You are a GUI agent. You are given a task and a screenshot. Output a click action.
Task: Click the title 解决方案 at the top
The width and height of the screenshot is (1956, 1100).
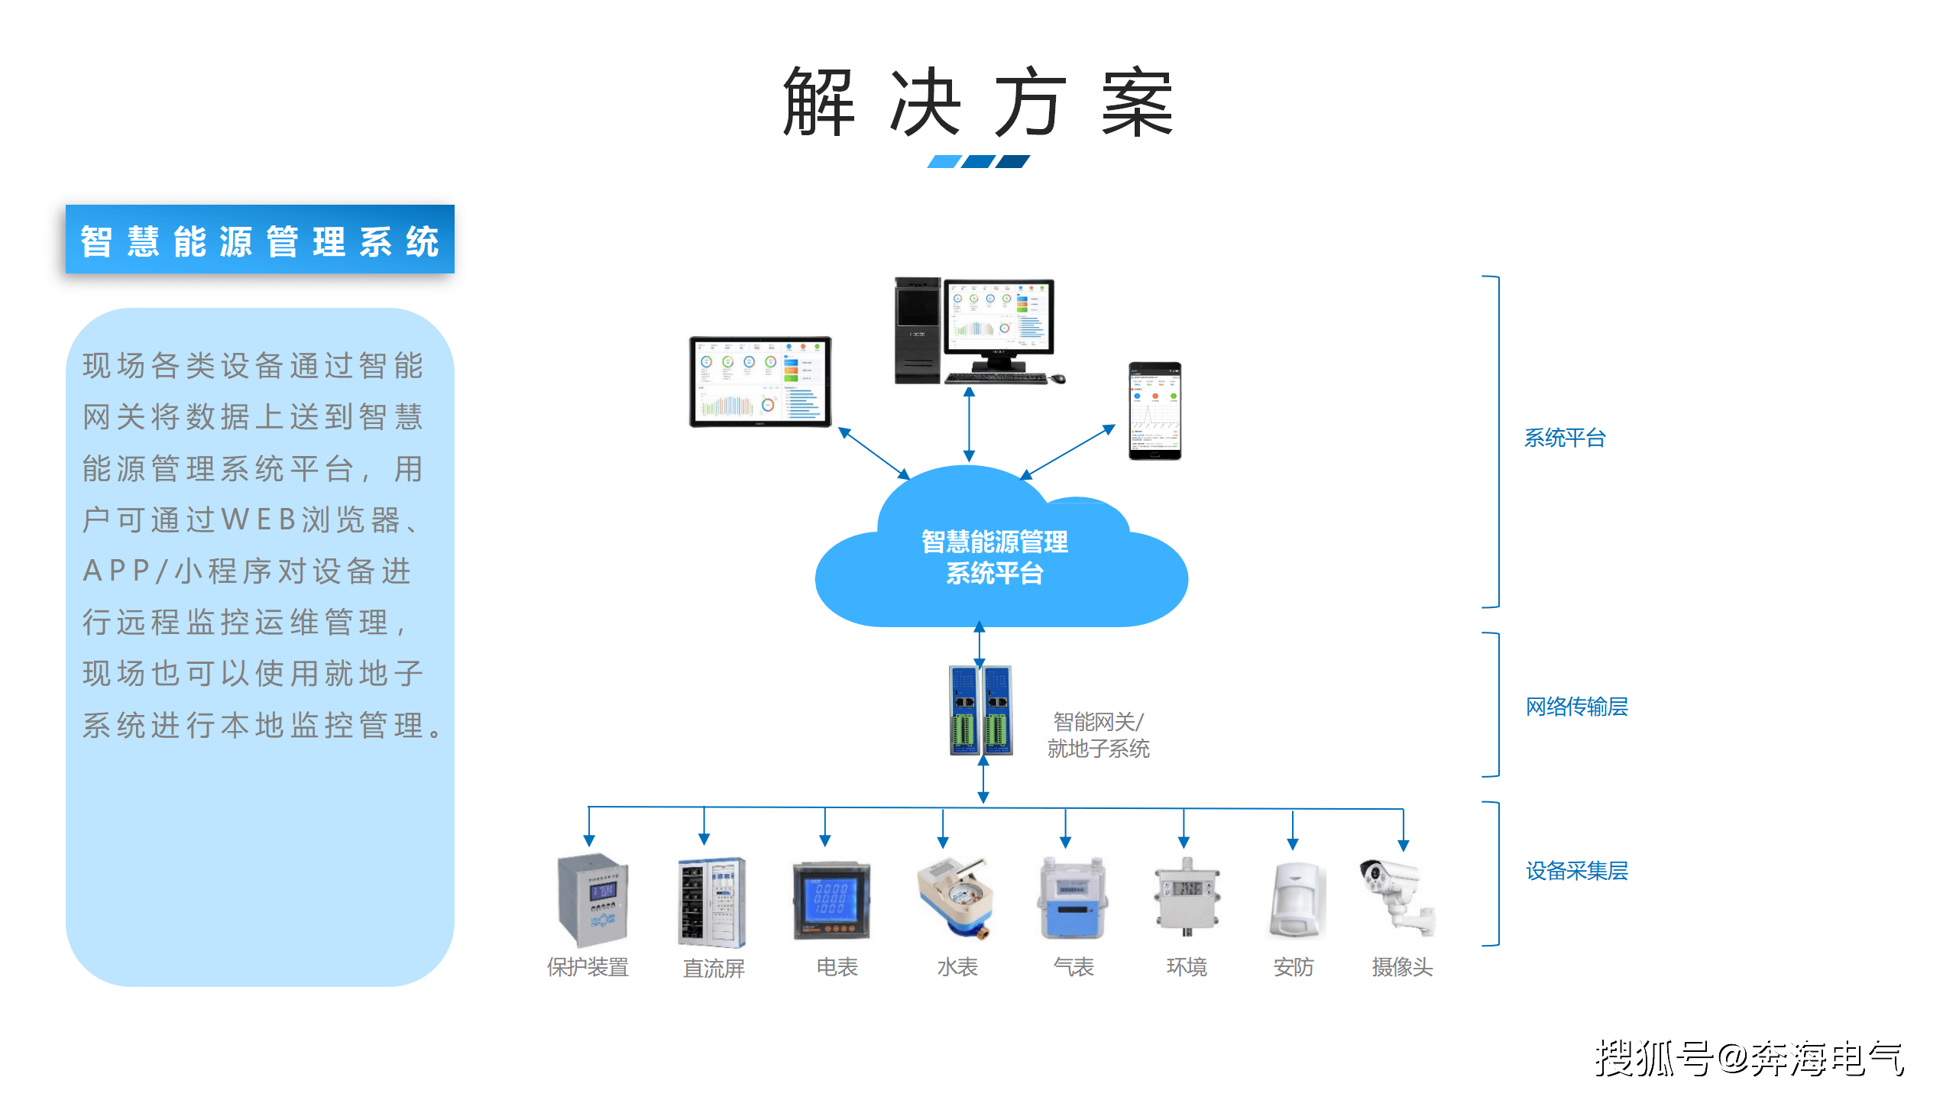coord(977,102)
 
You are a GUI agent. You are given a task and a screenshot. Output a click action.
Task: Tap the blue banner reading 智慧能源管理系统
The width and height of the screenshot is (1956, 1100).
coord(260,240)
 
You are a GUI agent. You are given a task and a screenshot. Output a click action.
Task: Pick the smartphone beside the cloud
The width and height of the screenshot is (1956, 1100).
coord(1154,411)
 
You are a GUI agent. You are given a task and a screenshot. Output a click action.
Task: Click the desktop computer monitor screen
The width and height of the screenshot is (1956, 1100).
coord(999,316)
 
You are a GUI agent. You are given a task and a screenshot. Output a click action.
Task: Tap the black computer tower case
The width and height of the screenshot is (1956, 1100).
coord(917,330)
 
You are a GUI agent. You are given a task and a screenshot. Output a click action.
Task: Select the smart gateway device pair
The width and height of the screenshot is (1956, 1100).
coord(981,710)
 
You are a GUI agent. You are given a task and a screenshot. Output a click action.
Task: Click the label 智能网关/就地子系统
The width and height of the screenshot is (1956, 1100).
coord(1098,735)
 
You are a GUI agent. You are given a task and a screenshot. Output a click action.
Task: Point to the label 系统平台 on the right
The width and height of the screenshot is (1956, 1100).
coord(1564,438)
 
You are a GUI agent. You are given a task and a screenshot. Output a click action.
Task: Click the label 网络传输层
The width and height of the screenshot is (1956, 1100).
coord(1576,707)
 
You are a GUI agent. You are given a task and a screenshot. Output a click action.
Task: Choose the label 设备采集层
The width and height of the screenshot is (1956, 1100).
coord(1576,871)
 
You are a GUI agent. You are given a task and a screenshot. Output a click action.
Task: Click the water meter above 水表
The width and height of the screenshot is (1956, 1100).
coord(955,898)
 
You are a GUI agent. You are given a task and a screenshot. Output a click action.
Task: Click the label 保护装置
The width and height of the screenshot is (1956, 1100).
coord(588,967)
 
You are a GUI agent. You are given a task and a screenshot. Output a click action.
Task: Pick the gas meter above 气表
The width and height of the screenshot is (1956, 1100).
coord(1073,900)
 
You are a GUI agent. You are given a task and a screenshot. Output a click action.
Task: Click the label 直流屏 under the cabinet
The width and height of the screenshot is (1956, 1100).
coord(713,968)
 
